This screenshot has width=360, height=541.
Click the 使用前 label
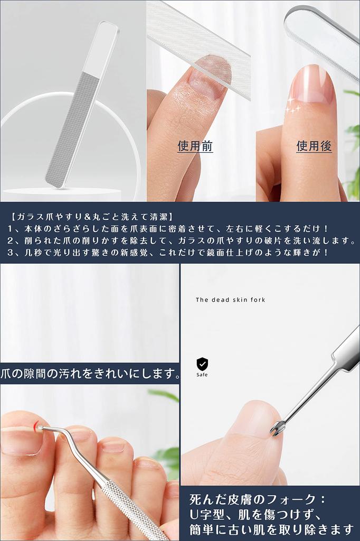[x=195, y=146]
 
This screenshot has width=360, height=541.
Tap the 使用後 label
[x=314, y=146]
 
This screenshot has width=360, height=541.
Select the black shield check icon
[x=202, y=363]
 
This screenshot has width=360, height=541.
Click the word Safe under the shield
[x=202, y=375]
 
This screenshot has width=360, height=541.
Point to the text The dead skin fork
[x=230, y=300]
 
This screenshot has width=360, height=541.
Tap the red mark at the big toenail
[x=36, y=426]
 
